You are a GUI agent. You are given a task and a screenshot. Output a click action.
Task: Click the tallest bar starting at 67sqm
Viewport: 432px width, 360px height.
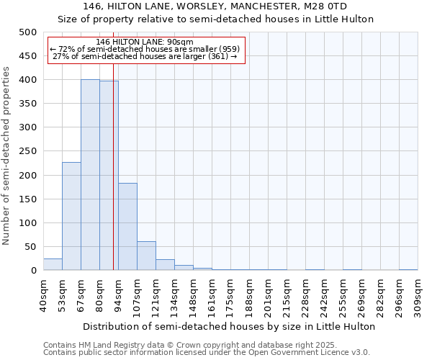click(90, 175)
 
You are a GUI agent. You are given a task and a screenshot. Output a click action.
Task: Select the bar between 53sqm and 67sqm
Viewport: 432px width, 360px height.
click(71, 216)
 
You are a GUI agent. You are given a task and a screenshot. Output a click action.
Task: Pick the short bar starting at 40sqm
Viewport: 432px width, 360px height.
click(53, 264)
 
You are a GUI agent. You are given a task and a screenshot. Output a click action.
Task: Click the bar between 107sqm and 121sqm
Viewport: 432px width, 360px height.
click(146, 256)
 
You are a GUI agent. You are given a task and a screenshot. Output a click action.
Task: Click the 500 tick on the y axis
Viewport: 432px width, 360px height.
click(28, 32)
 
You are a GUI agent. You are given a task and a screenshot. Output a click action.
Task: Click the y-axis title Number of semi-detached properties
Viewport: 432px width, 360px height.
click(7, 156)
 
